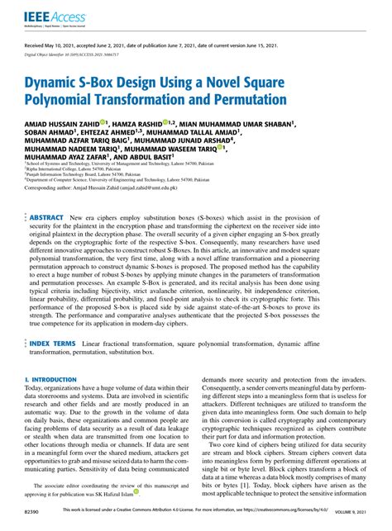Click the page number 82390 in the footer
coord(36,512)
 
